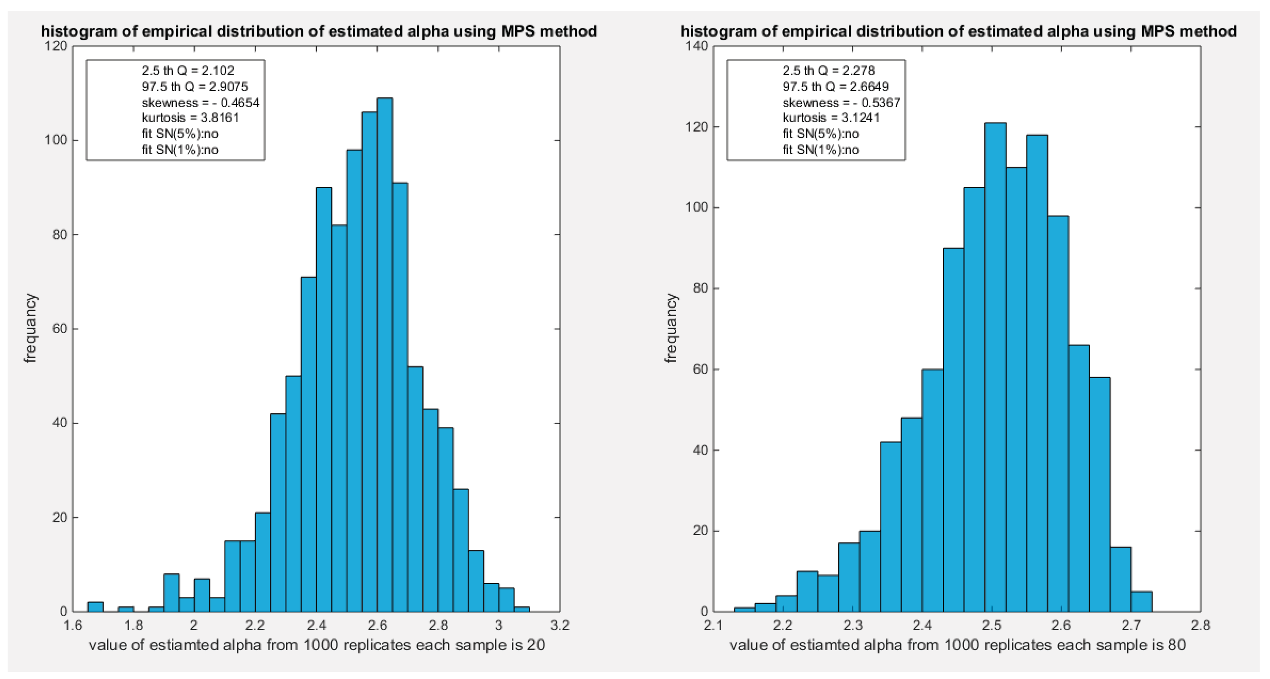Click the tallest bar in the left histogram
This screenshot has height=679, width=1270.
coord(385,355)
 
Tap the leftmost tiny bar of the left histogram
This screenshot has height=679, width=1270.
coord(96,606)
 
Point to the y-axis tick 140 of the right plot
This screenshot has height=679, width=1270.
coord(697,46)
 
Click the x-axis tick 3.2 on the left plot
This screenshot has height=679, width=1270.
coord(559,626)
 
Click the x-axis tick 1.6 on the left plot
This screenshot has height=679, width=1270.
coord(73,626)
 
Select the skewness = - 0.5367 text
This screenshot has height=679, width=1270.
coord(841,103)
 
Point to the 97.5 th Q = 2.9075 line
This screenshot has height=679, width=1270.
coord(195,87)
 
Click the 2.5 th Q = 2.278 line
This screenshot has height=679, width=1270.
coord(828,71)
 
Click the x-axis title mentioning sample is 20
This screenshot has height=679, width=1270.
coord(317,645)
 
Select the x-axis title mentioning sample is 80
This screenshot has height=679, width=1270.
coord(958,645)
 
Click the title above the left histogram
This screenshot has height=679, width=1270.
coord(319,31)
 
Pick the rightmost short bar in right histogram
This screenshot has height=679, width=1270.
coord(1141,602)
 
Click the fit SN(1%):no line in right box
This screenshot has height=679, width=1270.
coord(820,149)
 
